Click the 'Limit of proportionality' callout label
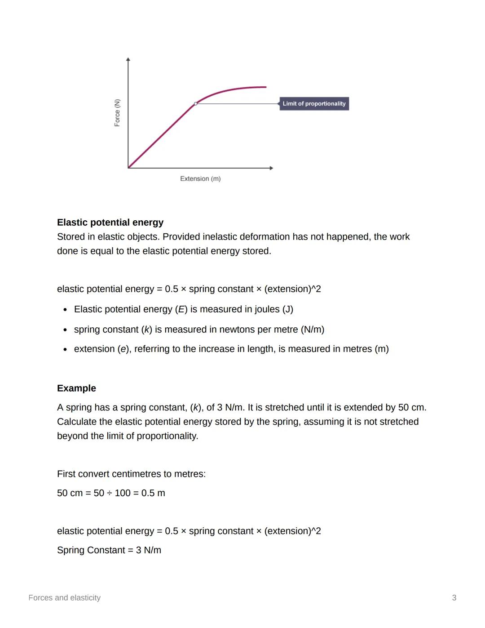[314, 104]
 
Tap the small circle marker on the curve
[195, 104]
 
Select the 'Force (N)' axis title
[117, 113]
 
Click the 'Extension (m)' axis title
[200, 179]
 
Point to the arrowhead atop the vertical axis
[128, 59]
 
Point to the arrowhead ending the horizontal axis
[271, 168]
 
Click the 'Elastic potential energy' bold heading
[110, 223]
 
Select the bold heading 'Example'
[76, 388]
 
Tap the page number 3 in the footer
[454, 598]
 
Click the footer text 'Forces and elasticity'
[64, 598]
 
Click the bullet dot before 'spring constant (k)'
[66, 330]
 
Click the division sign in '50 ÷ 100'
[109, 493]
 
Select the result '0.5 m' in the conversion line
[153, 493]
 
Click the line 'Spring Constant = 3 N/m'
[109, 550]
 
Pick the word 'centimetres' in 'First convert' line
[135, 474]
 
